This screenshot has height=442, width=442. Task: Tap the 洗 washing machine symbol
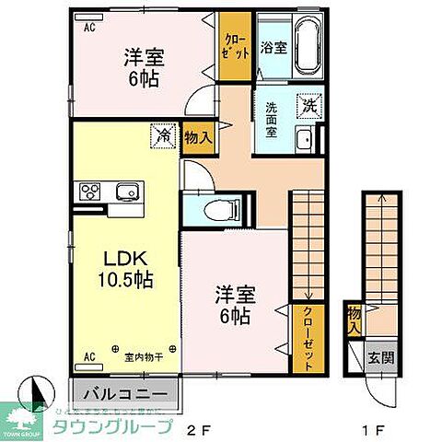[x=311, y=106]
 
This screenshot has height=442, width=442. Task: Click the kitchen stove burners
[x=92, y=192]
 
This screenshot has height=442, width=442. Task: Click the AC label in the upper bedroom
[x=90, y=28]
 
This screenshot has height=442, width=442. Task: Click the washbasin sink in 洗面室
[x=305, y=140]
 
